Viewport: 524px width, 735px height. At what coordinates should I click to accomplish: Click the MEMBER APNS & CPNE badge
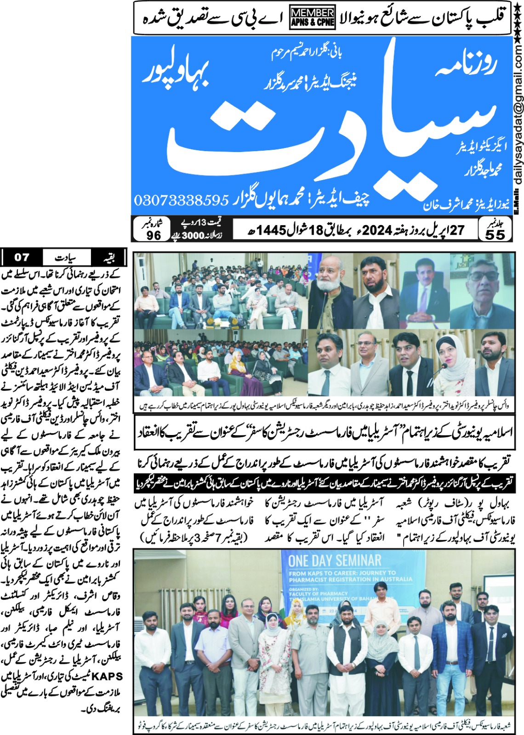click(x=313, y=18)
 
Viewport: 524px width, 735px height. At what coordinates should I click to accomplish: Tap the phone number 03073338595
click(x=181, y=200)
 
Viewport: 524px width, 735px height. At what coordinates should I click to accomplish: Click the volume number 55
click(x=495, y=234)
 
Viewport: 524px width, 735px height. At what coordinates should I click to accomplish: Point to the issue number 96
click(x=154, y=235)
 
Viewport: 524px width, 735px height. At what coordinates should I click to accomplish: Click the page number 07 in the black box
click(x=22, y=257)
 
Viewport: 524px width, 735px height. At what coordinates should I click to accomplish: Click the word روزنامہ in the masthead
click(x=464, y=64)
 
